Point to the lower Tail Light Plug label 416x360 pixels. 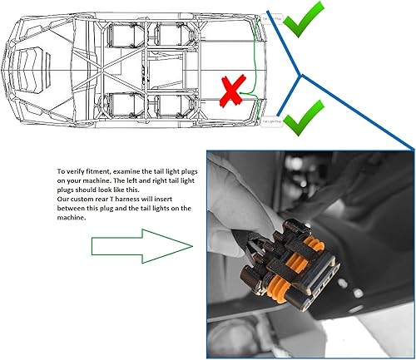point(273,121)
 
